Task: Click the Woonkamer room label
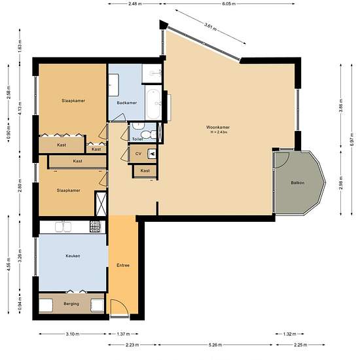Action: pos(218,127)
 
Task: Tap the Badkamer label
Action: pos(127,103)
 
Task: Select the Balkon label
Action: pos(298,183)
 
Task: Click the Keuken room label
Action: pos(73,256)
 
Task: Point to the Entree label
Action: pos(123,265)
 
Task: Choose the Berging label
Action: pos(71,304)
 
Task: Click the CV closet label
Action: pos(138,154)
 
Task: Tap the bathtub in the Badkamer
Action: pos(153,103)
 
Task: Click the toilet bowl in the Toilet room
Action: pos(147,134)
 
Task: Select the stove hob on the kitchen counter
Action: pos(95,226)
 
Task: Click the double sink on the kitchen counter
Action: pos(63,226)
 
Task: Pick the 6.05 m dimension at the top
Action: pos(228,4)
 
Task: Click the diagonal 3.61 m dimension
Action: pos(211,27)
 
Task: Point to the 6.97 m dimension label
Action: pos(352,139)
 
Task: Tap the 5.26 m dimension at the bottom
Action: pos(215,344)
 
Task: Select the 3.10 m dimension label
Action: pos(73,334)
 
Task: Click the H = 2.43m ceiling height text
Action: pos(219,132)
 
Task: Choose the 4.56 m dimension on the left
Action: pos(9,264)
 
